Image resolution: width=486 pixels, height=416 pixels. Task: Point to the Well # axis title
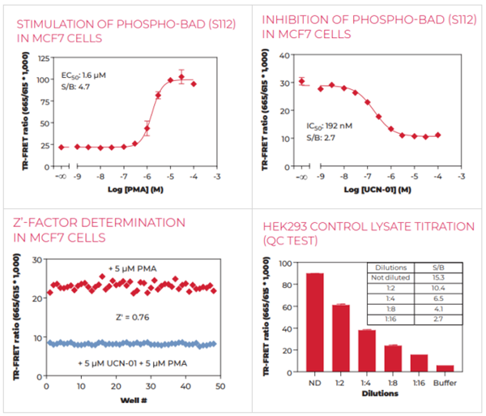(130, 400)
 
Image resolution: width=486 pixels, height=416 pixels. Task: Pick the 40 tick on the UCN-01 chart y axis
(283, 56)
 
